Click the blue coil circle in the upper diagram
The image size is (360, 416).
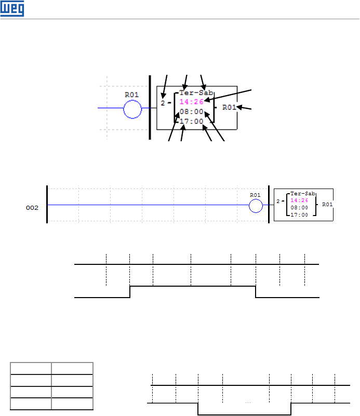132,109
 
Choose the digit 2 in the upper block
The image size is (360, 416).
163,103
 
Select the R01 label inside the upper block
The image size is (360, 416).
230,108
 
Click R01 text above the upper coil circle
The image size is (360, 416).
132,95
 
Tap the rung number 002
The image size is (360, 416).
32,207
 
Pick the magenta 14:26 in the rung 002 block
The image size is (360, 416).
299,200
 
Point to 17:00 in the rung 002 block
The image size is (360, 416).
299,214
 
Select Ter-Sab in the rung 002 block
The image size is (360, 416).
299,193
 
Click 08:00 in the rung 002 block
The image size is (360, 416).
299,207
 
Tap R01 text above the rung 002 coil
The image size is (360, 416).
255,195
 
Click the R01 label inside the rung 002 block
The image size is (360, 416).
327,205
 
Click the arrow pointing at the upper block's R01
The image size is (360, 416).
244,108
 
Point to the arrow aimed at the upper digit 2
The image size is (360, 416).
165,86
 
